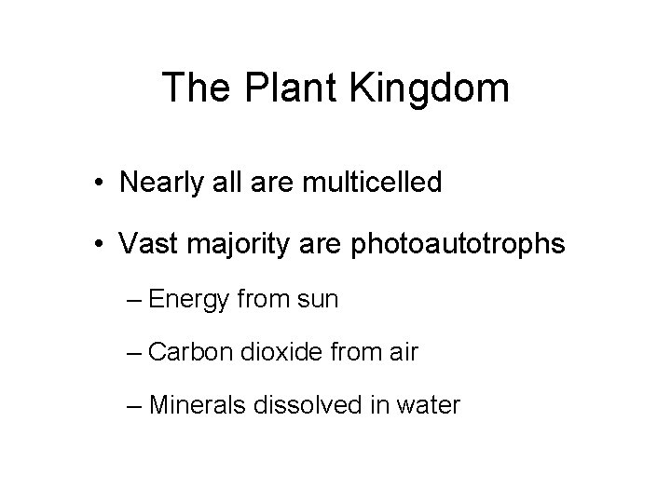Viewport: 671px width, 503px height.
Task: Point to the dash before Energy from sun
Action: click(x=132, y=300)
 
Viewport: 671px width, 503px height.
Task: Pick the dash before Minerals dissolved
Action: click(x=132, y=406)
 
